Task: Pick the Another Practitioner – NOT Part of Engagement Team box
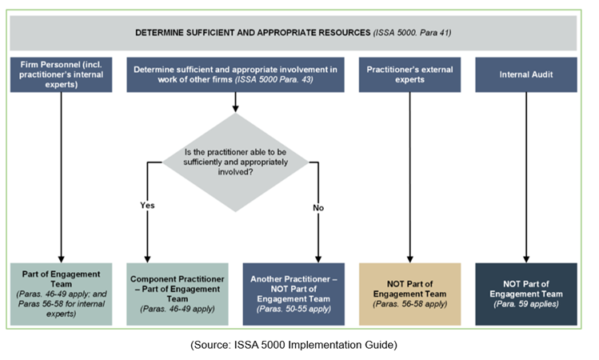pyautogui.click(x=294, y=294)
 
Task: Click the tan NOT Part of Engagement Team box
pyautogui.click(x=409, y=294)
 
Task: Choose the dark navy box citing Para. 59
pyautogui.click(x=525, y=294)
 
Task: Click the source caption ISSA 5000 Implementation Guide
pyautogui.click(x=298, y=345)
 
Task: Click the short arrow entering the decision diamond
pyautogui.click(x=234, y=102)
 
